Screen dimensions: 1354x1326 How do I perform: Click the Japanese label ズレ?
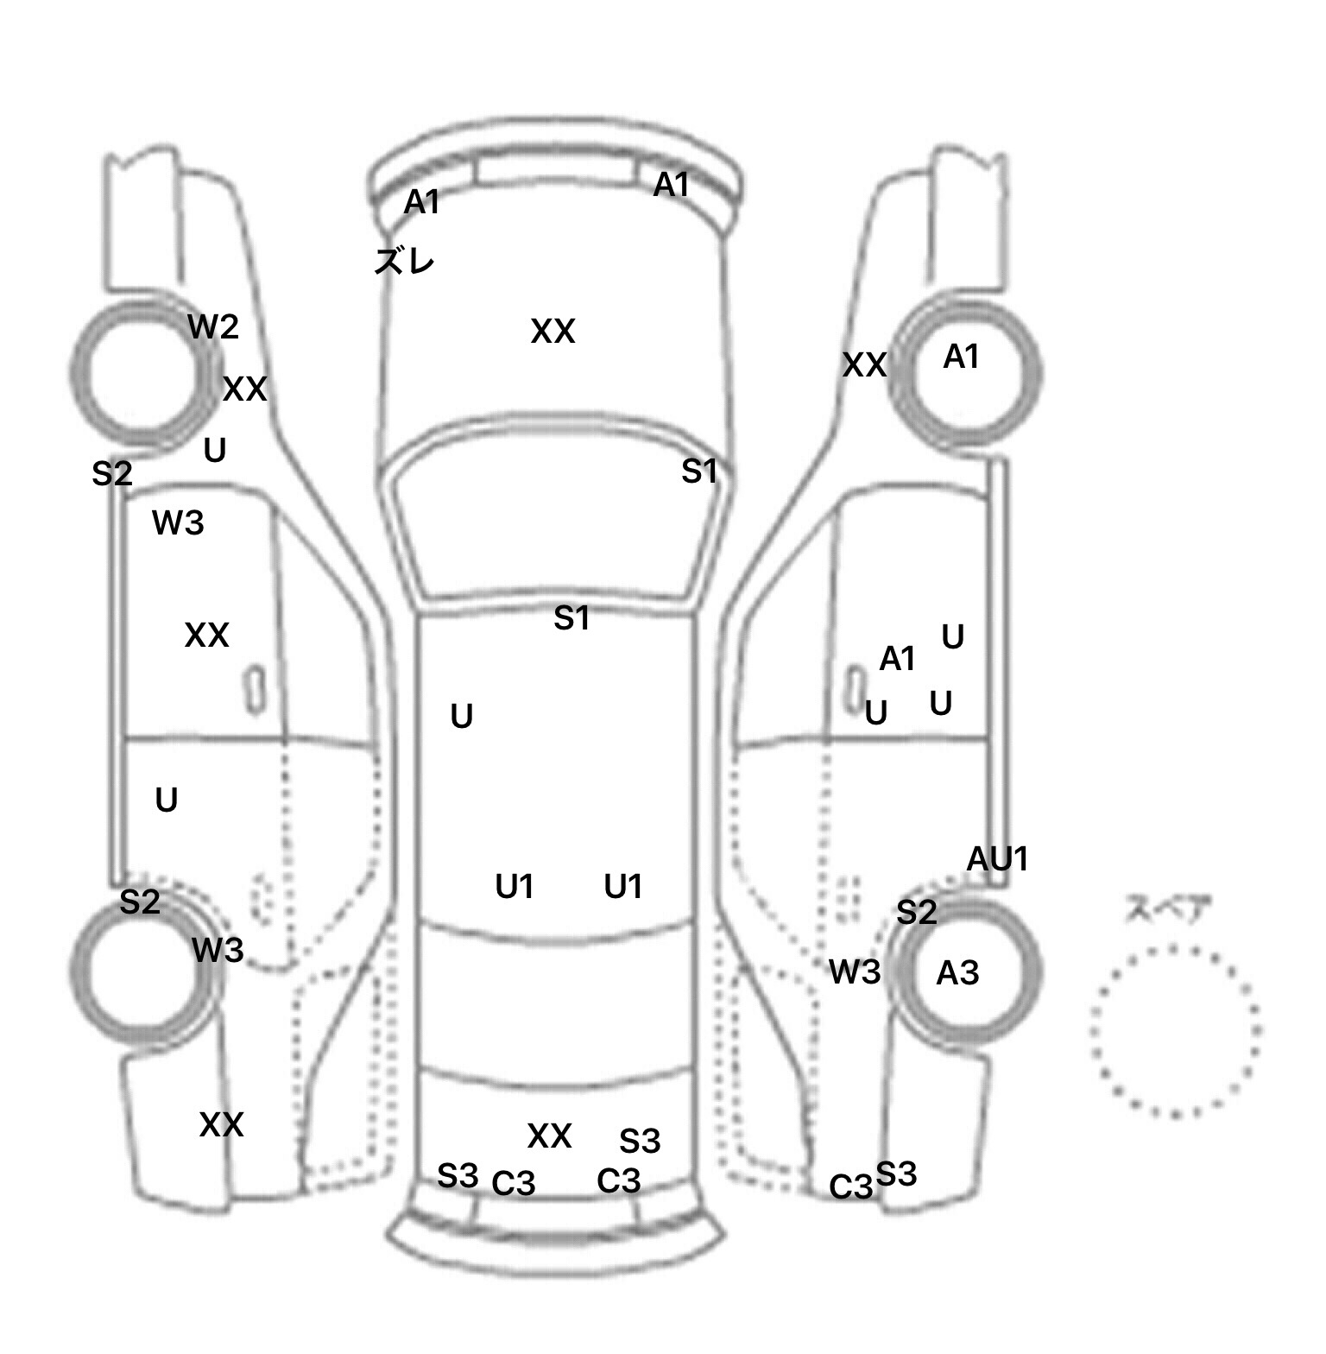(x=404, y=260)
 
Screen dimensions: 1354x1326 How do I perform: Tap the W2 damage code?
(x=213, y=327)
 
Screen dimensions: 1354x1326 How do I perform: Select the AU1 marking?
(x=998, y=859)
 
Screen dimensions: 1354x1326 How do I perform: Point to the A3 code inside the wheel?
(x=957, y=973)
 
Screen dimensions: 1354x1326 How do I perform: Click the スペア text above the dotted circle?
(x=1168, y=909)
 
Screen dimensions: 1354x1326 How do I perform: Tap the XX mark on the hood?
(x=552, y=332)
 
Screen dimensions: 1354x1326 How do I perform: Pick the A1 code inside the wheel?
(x=961, y=357)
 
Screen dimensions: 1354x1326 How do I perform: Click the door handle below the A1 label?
(x=855, y=689)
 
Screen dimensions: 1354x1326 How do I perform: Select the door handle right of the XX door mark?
(x=255, y=689)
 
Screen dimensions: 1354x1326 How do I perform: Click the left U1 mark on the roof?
(x=515, y=887)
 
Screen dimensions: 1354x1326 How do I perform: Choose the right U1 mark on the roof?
(x=623, y=887)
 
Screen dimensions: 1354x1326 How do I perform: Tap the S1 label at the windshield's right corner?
(x=699, y=471)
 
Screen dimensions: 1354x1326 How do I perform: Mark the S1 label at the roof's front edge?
(x=571, y=618)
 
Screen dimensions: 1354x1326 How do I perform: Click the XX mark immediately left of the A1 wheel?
(x=864, y=365)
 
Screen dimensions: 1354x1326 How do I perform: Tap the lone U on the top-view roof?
(x=462, y=716)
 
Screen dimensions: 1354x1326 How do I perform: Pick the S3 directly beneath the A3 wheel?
(x=896, y=1174)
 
